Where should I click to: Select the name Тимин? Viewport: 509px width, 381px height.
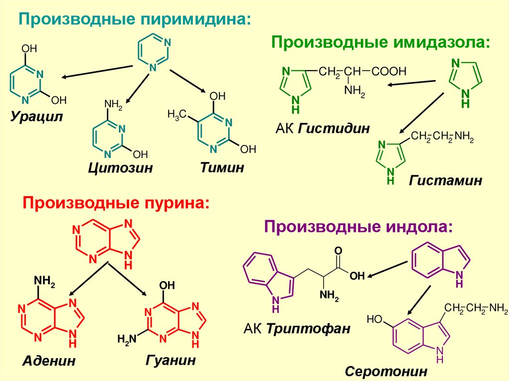pyautogui.click(x=222, y=167)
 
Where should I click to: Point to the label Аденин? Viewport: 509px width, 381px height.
pyautogui.click(x=49, y=361)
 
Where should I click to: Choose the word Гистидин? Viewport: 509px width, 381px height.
pyautogui.click(x=335, y=129)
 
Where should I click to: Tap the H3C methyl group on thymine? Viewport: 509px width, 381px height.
pyautogui.click(x=176, y=115)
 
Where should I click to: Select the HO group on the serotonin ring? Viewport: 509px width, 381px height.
pyautogui.click(x=374, y=318)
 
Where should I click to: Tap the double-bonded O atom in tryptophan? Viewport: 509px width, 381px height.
pyautogui.click(x=338, y=251)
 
